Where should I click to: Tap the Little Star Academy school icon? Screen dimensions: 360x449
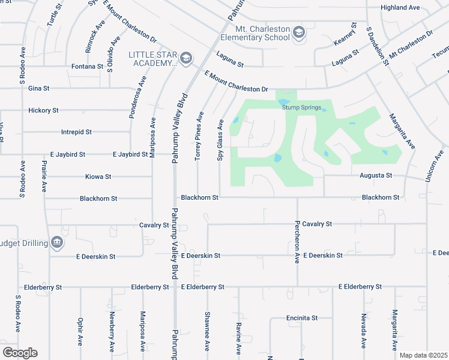pos(185,58)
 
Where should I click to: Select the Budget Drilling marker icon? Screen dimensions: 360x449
pos(57,242)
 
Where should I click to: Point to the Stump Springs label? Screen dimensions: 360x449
pos(298,108)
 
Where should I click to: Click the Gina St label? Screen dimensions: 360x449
pos(38,88)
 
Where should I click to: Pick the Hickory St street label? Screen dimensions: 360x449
pos(43,110)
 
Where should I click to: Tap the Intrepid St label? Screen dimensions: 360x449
pos(76,131)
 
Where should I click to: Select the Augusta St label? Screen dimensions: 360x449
pos(375,176)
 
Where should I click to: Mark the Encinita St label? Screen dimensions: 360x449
pos(302,318)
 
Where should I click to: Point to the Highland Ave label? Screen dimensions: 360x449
pos(400,8)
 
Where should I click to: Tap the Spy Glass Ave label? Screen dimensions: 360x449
pos(220,139)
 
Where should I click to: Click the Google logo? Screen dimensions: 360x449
pos(20,353)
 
